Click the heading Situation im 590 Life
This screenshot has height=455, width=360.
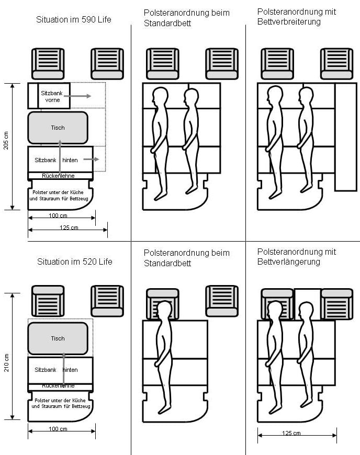click(74, 20)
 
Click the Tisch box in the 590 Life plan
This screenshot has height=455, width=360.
click(58, 128)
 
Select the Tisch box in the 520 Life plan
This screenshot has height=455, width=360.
click(58, 338)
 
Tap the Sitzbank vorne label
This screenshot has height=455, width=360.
click(53, 96)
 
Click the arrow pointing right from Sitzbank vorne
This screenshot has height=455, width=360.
click(81, 96)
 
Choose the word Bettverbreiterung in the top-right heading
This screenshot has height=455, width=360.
click(289, 22)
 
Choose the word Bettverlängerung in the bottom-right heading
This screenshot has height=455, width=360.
click(288, 261)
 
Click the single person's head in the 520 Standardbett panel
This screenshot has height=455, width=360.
click(165, 308)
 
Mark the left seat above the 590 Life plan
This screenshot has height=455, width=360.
click(48, 64)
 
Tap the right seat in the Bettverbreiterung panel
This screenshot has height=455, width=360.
click(336, 64)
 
